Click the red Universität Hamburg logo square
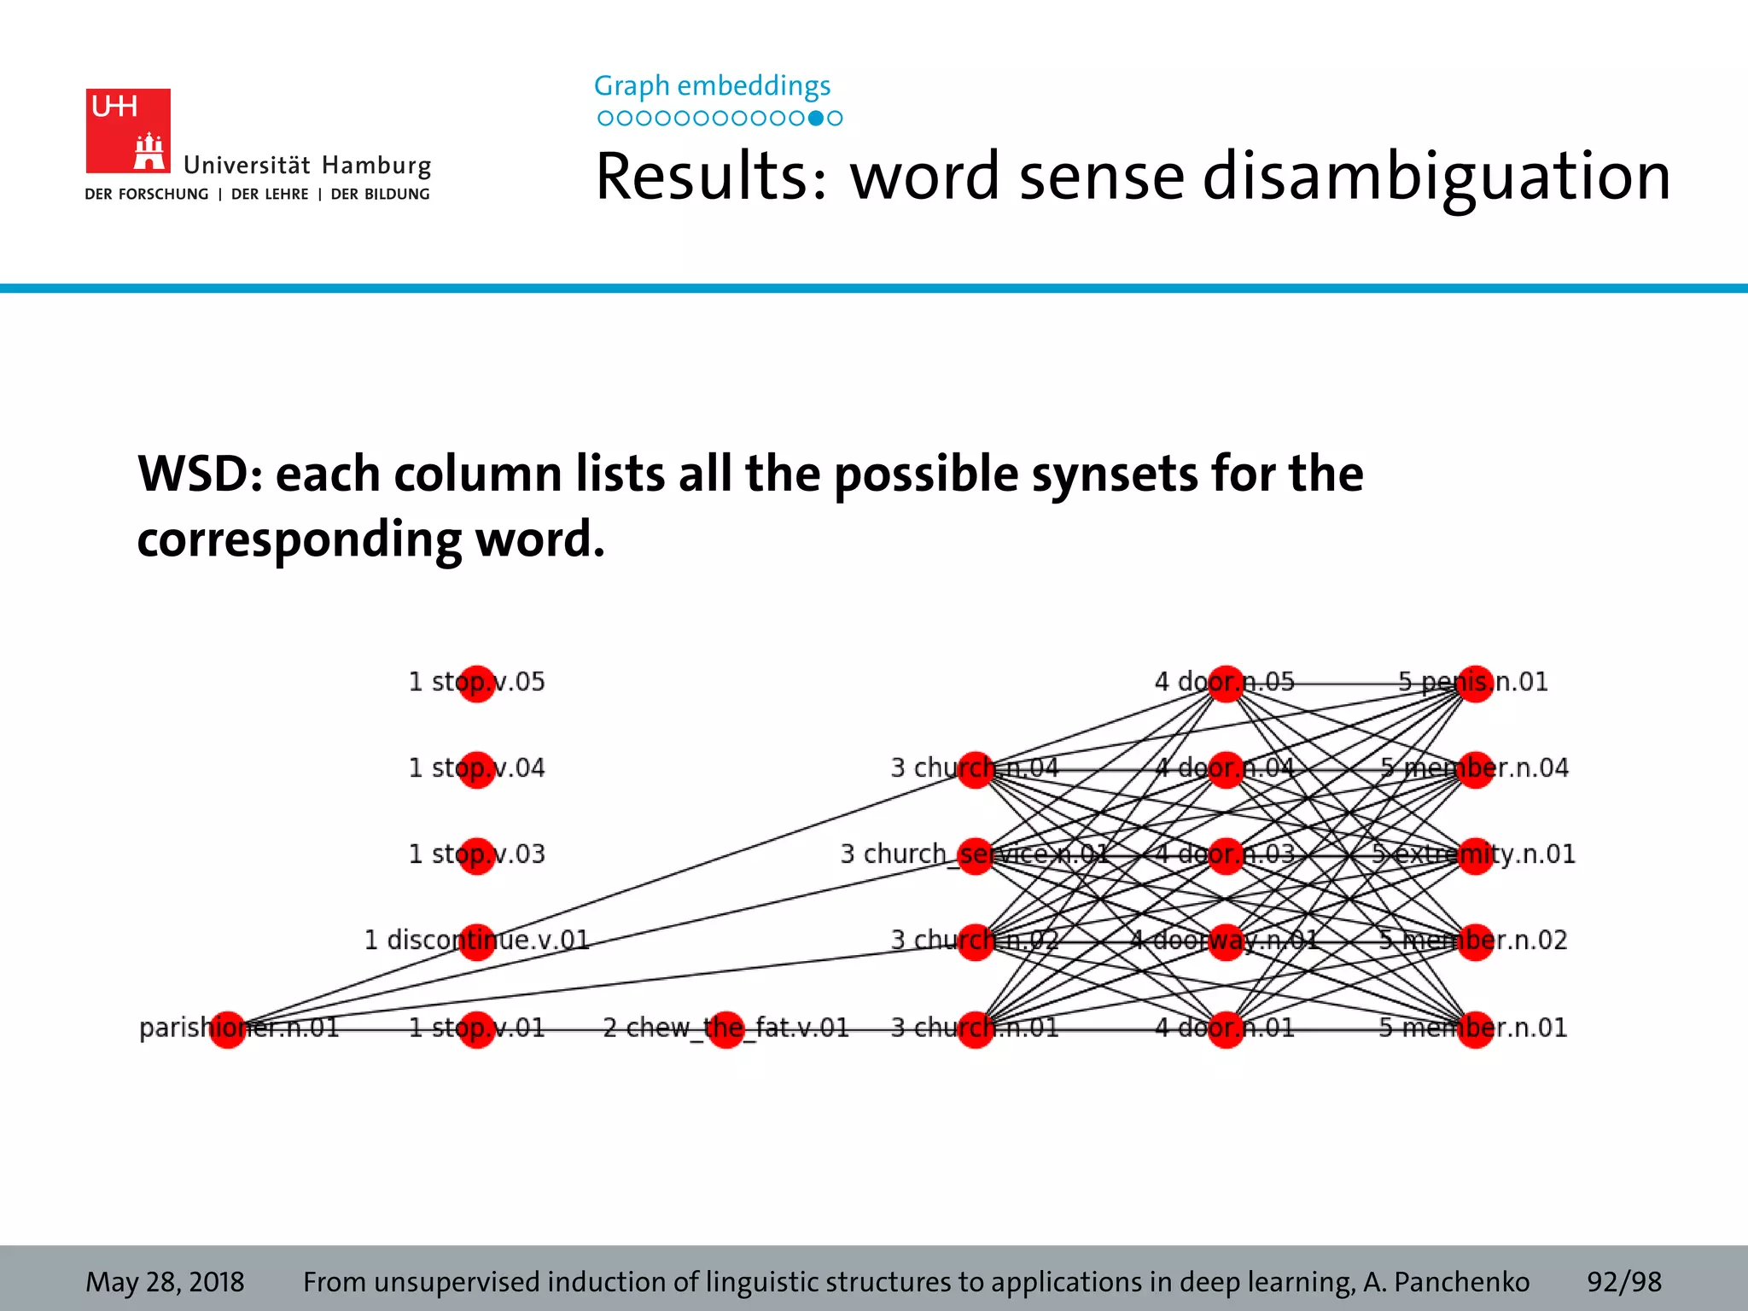(128, 131)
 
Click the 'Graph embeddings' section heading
(712, 85)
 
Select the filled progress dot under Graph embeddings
(816, 119)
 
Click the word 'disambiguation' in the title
(1436, 177)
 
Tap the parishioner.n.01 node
(228, 1028)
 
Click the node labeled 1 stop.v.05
(476, 684)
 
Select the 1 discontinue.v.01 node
(476, 941)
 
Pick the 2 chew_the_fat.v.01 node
(726, 1028)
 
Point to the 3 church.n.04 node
(976, 770)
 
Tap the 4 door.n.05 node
(1226, 684)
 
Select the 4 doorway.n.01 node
(1226, 941)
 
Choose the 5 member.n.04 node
(1476, 770)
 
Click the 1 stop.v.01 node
(476, 1028)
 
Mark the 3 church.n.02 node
(976, 941)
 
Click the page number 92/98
(1623, 1282)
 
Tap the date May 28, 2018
(165, 1282)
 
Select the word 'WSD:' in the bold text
(200, 475)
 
